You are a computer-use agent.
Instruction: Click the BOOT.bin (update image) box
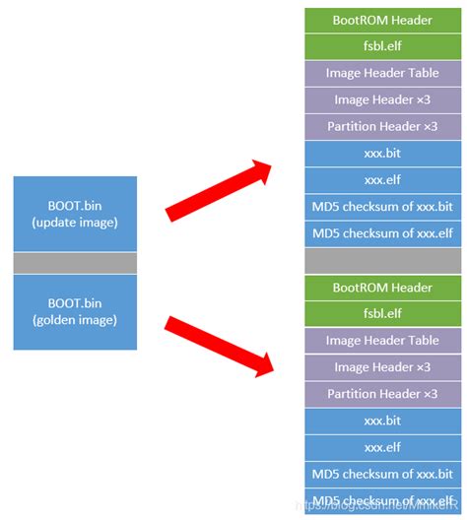tap(75, 214)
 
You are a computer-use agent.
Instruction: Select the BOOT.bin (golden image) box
tap(75, 312)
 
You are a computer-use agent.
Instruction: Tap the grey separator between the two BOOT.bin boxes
tap(75, 263)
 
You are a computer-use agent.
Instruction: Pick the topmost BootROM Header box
tap(381, 20)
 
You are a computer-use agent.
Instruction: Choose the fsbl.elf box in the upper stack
tap(381, 46)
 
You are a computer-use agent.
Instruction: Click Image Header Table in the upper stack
tap(381, 73)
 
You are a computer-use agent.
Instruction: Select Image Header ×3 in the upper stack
tap(381, 99)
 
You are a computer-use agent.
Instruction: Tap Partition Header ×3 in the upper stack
tap(381, 126)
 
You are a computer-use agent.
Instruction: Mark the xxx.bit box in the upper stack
tap(381, 154)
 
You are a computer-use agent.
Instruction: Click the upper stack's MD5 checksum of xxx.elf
tap(381, 233)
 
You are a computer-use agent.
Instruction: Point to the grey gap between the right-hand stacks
tap(381, 260)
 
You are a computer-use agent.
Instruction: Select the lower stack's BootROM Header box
tap(381, 288)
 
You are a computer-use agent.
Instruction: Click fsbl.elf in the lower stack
tap(381, 314)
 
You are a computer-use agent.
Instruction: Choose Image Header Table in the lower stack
tap(381, 341)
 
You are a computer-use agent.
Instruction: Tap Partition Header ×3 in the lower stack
tap(381, 394)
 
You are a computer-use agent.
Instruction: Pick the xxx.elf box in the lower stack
tap(381, 447)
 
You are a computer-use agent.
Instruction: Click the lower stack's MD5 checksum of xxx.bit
tap(381, 474)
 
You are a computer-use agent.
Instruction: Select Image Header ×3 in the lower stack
tap(381, 367)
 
